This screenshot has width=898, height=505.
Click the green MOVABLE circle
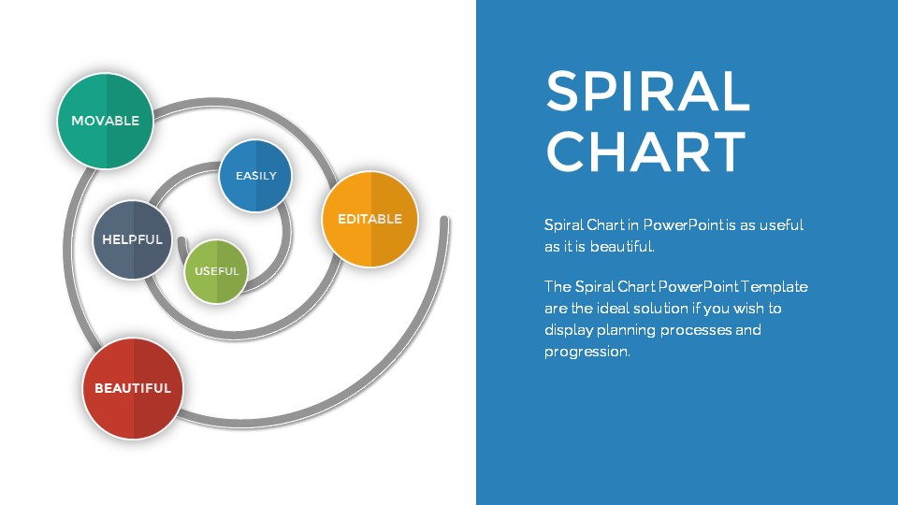coord(105,121)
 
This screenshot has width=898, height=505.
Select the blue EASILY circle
coord(255,175)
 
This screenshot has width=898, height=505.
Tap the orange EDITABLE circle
coord(369,219)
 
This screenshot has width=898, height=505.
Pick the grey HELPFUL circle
coord(132,239)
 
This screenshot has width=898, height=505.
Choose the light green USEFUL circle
coord(217,271)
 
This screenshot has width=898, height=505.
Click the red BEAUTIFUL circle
coord(132,388)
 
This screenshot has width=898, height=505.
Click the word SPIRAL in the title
coord(647,92)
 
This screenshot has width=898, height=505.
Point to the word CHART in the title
coord(645,151)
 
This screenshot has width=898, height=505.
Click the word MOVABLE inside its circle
coord(105,121)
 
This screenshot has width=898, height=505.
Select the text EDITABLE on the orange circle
coord(369,219)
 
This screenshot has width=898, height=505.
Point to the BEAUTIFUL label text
coord(132,388)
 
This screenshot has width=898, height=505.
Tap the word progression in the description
coord(587,353)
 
